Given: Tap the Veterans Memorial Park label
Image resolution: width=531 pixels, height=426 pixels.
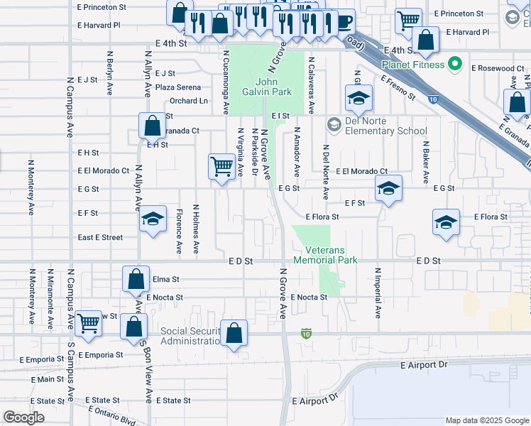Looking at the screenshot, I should tap(331, 256).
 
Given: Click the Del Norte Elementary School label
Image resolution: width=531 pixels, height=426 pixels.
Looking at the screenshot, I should tap(386, 126).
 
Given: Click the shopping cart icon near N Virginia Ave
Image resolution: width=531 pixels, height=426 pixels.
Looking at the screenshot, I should tap(222, 168).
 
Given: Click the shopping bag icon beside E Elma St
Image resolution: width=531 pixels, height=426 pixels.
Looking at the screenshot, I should tap(136, 279).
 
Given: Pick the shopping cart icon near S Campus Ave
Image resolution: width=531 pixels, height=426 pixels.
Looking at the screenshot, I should tap(88, 323).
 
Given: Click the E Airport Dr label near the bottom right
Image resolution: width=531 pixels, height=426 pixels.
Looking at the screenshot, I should tap(425, 365).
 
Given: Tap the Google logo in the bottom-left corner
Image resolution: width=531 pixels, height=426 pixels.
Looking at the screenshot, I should tap(23, 417).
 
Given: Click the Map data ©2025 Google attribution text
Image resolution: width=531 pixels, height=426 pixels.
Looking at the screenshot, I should tap(486, 420).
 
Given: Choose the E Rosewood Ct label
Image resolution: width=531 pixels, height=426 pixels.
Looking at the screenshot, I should tap(498, 69).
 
